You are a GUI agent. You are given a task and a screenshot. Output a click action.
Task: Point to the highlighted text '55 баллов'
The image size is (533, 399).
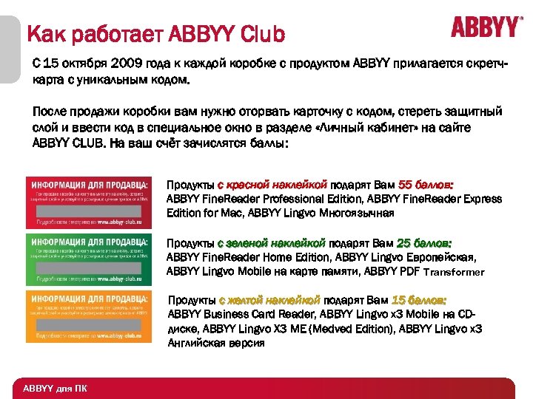tap(426, 185)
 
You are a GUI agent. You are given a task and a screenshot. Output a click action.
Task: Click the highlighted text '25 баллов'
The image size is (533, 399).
tap(424, 242)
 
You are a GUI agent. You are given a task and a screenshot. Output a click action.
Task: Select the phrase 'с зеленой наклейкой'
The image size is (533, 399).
tap(271, 242)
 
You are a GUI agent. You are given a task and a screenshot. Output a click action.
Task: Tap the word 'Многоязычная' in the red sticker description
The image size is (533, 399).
tap(358, 214)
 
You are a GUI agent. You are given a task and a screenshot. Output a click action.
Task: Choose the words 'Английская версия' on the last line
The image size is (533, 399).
tap(215, 343)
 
